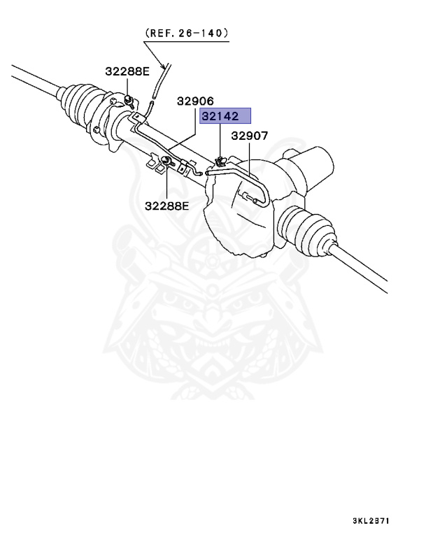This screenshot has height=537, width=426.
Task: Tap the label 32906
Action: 194,101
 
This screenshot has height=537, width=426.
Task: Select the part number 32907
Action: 250,136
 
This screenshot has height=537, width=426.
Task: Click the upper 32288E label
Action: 127,71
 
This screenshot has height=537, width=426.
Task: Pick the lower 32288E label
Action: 167,206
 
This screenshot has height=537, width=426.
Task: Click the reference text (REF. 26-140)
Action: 187,33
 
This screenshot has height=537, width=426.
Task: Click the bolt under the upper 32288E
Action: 129,94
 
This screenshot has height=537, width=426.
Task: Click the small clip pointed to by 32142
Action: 219,162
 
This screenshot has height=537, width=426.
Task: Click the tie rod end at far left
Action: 28,76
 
